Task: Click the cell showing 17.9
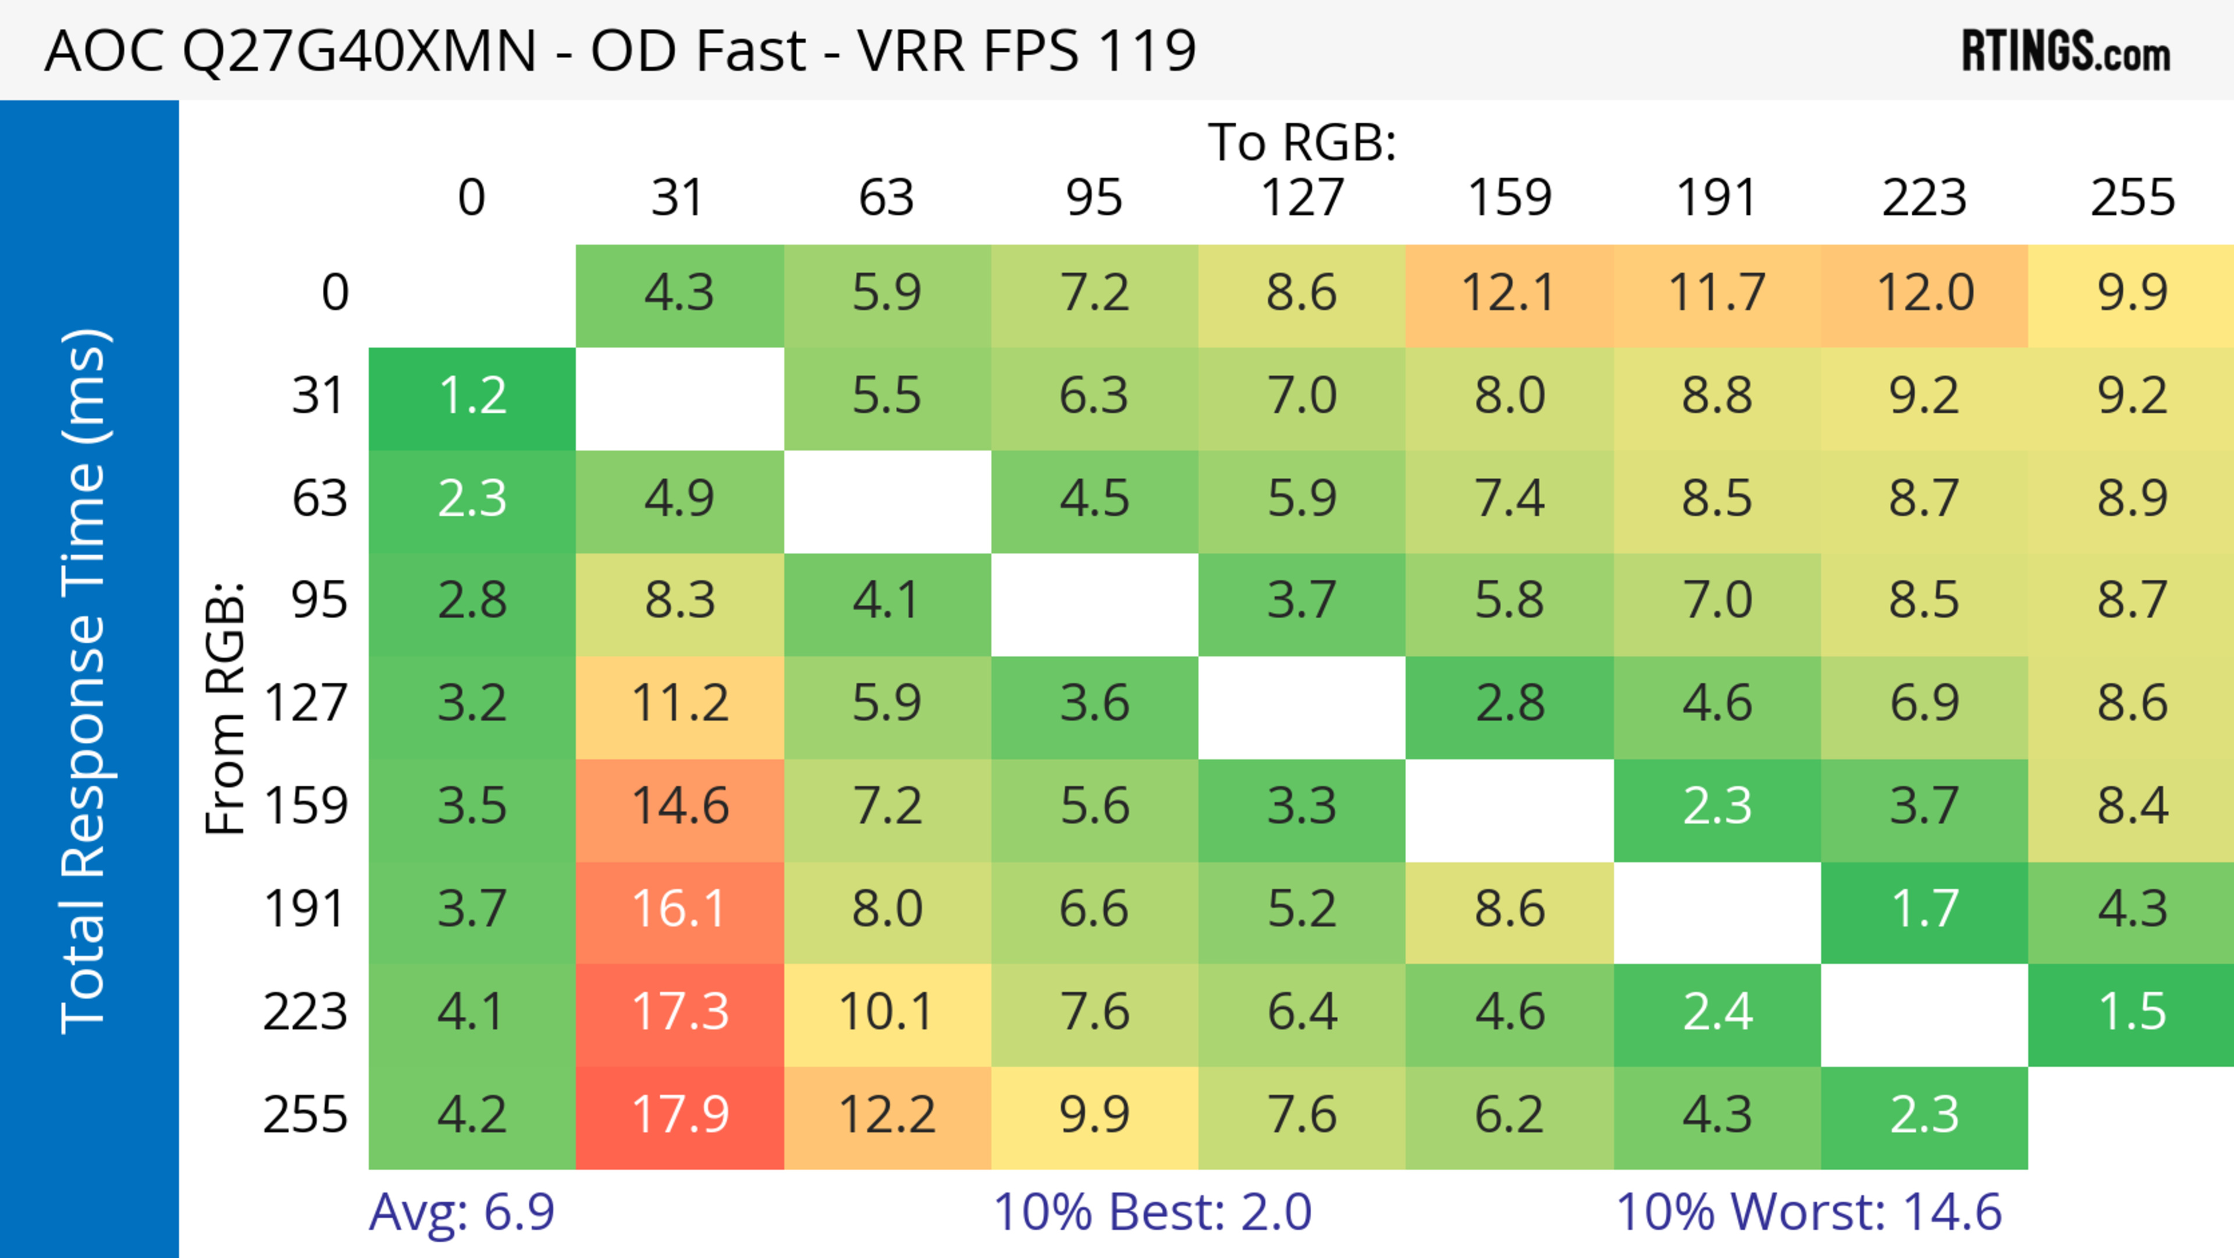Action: point(680,1116)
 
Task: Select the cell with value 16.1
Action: point(680,910)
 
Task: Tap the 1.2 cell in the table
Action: point(472,396)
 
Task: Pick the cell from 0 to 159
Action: point(1509,293)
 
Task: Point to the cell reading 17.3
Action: point(680,1012)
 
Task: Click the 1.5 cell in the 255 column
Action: point(2132,1012)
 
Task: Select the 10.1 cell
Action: point(886,1012)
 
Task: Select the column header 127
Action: point(1302,198)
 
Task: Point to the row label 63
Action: point(319,499)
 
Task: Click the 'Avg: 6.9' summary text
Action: point(461,1212)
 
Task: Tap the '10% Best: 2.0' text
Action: point(1152,1212)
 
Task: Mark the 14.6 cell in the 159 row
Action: point(680,807)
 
